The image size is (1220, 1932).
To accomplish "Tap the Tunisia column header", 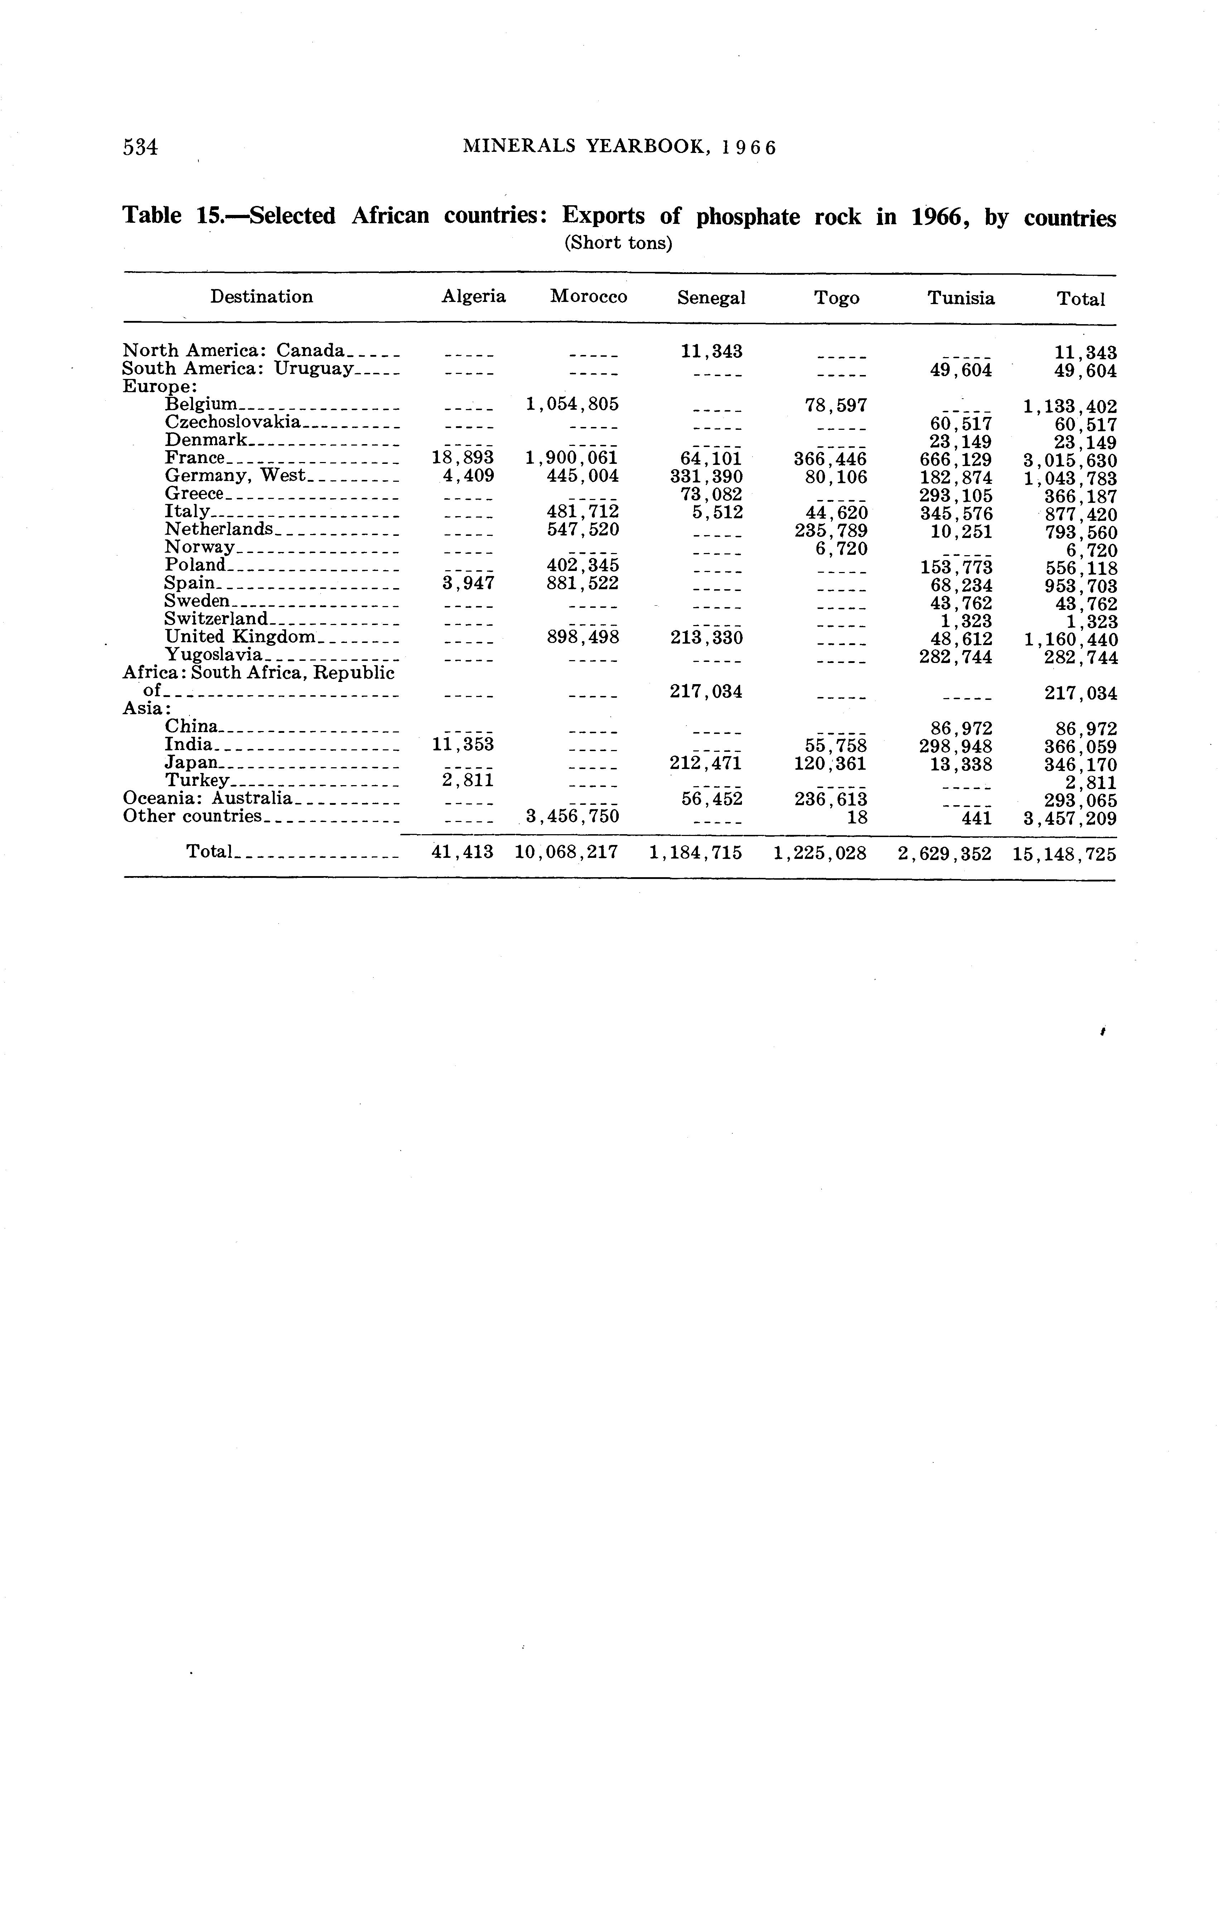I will [x=961, y=298].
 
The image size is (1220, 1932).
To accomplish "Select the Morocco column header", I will [x=589, y=297].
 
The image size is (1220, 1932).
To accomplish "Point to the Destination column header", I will [x=261, y=297].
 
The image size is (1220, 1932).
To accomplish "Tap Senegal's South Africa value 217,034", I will [x=706, y=691].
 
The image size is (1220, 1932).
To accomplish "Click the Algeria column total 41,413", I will [x=463, y=852].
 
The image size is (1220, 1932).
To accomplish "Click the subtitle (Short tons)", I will [x=618, y=243].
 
